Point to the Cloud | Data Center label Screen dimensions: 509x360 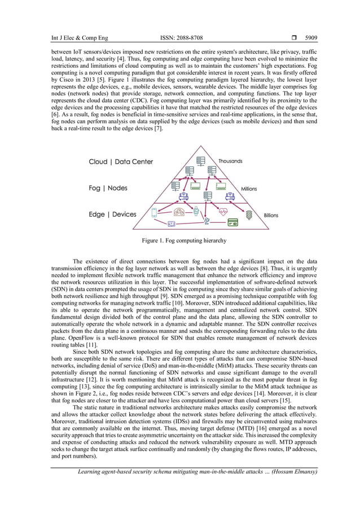click(x=121, y=162)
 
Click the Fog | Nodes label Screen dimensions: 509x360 click(x=108, y=188)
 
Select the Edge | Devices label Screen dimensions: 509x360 click(x=113, y=214)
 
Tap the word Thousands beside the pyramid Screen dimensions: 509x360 click(x=230, y=161)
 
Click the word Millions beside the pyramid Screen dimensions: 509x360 click(x=249, y=189)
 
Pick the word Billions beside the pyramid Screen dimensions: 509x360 click(x=271, y=216)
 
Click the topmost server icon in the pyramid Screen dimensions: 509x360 click(x=200, y=160)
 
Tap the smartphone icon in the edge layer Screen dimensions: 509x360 click(x=138, y=213)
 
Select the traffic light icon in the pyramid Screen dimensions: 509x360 click(x=248, y=214)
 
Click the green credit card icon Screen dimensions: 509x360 click(x=231, y=223)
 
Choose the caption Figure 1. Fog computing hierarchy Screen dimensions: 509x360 click(x=184, y=240)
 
